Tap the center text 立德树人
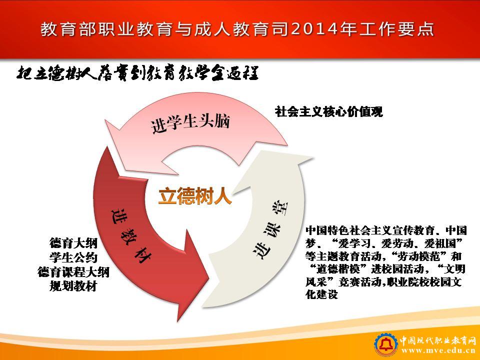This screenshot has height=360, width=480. [x=195, y=196]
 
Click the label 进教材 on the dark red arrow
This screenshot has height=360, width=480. [x=130, y=235]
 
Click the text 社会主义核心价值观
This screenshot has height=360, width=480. [x=329, y=111]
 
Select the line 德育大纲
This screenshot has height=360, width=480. [x=73, y=243]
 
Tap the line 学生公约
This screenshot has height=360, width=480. [x=73, y=257]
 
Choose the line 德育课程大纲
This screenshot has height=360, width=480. [x=73, y=272]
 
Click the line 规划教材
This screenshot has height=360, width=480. [x=73, y=286]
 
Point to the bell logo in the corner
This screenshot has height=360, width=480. [x=386, y=345]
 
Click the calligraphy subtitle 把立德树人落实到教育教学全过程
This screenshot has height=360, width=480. [x=138, y=73]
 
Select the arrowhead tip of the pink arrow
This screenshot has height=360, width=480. [x=104, y=119]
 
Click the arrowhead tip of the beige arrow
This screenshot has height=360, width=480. [x=313, y=158]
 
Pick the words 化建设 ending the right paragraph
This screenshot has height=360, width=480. [x=321, y=294]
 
